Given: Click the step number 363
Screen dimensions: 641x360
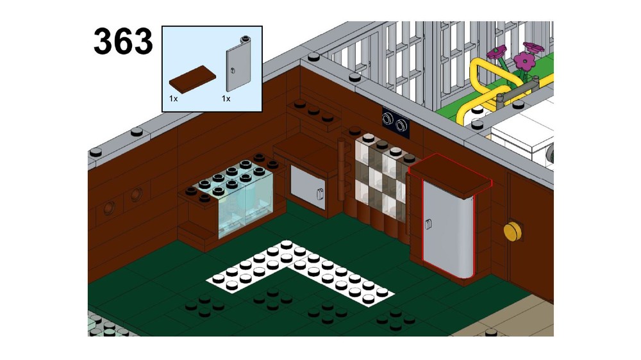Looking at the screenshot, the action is pos(123,41).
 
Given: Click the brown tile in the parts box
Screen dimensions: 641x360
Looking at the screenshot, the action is pos(192,79).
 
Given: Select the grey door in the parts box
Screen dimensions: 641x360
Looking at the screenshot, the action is pos(239,64).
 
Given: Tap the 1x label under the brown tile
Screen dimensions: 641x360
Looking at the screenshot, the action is pos(173,99).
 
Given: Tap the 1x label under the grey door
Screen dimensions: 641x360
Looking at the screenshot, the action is pos(226,99).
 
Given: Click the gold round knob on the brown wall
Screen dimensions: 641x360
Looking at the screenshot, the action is pos(513,231).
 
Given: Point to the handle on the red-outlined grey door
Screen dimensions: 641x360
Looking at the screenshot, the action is pos(428,223).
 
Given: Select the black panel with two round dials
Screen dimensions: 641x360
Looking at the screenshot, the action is pos(395,120).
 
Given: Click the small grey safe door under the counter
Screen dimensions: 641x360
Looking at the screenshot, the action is pos(308,188).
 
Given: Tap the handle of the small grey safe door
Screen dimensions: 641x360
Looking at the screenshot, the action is pos(320,193).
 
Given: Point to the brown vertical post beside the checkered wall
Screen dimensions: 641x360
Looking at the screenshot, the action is pos(341,170).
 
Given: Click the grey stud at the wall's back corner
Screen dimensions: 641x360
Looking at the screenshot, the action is pos(314,57).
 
